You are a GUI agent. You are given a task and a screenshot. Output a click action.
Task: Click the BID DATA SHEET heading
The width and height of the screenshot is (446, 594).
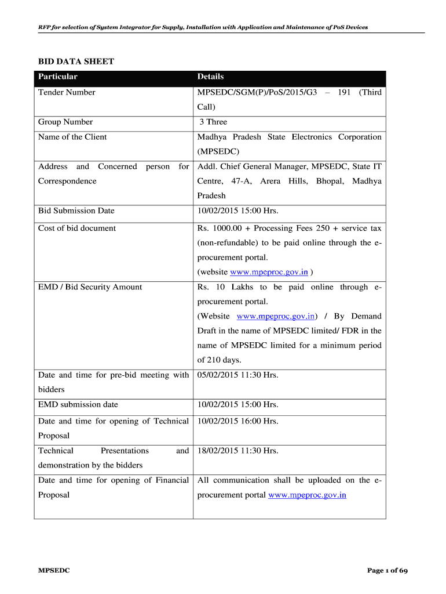(76, 61)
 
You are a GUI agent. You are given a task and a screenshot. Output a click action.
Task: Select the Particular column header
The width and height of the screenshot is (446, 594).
(58, 77)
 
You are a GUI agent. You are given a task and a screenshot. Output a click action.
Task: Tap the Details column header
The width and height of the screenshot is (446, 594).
(210, 77)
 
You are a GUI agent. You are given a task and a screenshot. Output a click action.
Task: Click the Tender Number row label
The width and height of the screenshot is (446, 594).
(67, 92)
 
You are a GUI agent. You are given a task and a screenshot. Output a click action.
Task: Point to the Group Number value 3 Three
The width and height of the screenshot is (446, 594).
(213, 122)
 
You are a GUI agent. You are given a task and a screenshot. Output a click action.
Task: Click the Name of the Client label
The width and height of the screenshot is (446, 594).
(72, 137)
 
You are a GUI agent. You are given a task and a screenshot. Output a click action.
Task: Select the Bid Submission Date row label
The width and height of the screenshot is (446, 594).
(76, 211)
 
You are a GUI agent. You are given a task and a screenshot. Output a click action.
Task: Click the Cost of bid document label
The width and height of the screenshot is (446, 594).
(77, 228)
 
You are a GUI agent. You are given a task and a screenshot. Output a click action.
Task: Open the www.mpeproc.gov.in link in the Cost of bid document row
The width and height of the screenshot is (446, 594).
(269, 272)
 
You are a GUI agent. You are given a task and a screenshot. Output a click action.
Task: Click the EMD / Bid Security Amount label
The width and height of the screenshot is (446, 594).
(90, 287)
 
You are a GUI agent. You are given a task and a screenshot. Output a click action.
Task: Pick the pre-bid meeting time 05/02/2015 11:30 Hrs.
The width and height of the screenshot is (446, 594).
(237, 375)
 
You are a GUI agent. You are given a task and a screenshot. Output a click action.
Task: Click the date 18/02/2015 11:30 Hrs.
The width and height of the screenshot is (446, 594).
(237, 451)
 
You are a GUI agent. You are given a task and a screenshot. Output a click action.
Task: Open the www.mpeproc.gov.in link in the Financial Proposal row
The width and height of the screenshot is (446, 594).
(307, 495)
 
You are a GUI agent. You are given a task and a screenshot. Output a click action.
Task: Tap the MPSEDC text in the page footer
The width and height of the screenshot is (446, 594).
(54, 571)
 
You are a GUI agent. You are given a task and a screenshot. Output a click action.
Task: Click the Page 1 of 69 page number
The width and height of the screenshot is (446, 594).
(387, 571)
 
